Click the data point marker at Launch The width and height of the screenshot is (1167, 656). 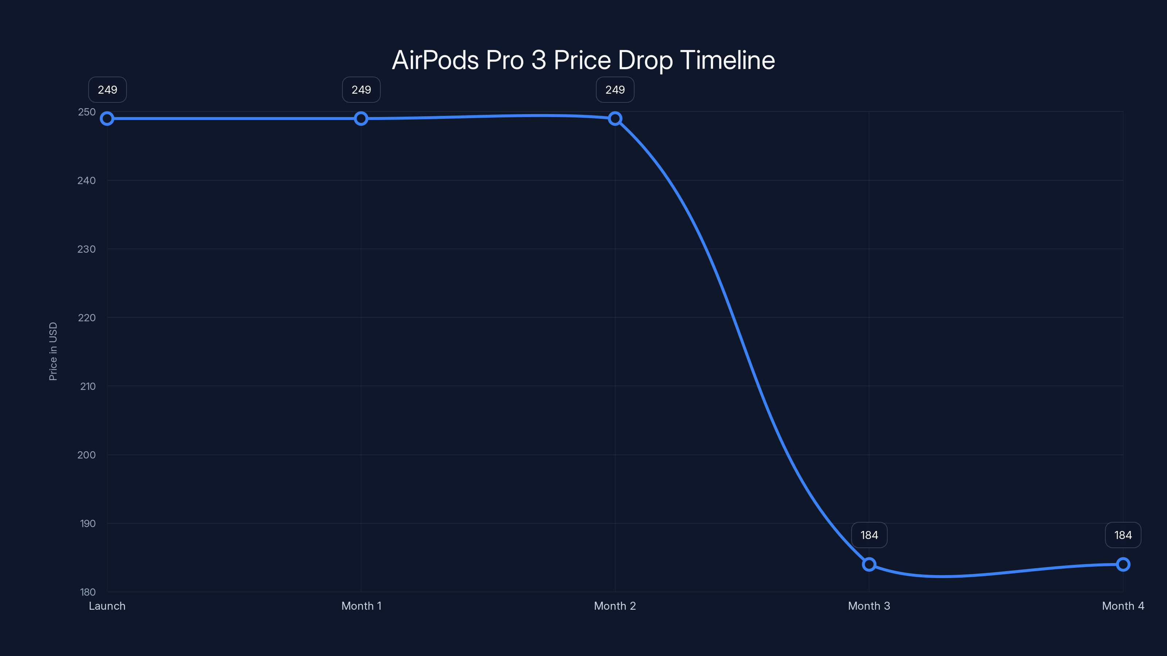[x=107, y=118]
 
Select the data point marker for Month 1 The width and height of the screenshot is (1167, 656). [x=361, y=118]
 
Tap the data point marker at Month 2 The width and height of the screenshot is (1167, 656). [x=615, y=118]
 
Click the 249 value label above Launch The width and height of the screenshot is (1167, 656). [x=107, y=90]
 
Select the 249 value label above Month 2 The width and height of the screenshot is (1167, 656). [x=615, y=90]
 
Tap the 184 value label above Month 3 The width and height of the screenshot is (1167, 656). [x=869, y=535]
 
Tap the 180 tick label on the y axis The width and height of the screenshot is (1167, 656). [x=88, y=592]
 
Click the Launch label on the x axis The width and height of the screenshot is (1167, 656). [x=107, y=606]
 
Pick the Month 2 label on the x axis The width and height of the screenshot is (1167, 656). [x=615, y=606]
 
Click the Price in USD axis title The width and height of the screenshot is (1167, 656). [x=53, y=351]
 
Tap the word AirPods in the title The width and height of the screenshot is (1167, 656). [x=435, y=60]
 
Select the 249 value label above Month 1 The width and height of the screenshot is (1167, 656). [x=361, y=90]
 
